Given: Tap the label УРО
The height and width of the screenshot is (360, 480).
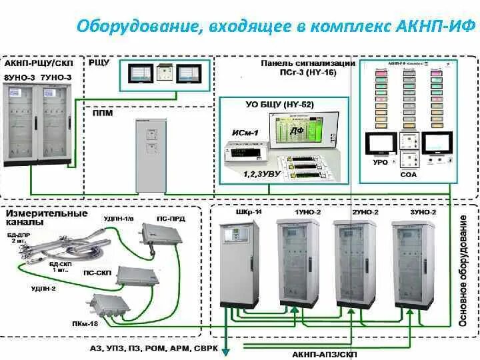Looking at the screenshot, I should point(381,162).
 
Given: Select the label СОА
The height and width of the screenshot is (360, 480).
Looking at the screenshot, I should point(408,175).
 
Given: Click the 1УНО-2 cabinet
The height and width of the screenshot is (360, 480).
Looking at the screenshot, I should point(298,264).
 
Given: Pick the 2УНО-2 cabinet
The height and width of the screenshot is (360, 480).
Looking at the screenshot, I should point(355,264).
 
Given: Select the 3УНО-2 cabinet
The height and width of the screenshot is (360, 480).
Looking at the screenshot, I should point(414,264).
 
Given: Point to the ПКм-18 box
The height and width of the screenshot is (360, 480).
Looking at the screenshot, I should point(109,309).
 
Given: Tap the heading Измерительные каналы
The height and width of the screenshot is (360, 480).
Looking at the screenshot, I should point(47,218).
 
